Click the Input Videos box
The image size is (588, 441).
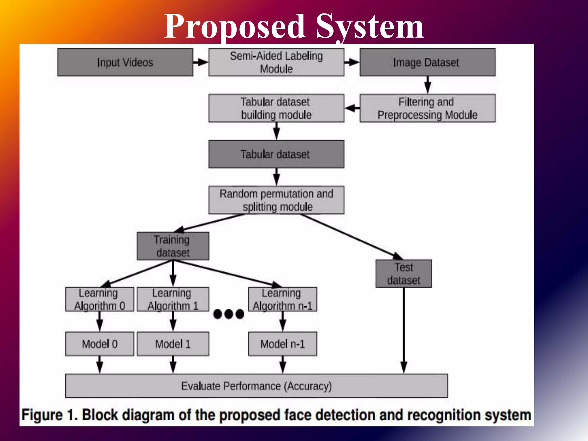[125, 62]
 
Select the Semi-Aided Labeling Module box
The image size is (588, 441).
[276, 62]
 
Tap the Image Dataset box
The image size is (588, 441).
[427, 62]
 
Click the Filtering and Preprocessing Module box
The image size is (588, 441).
[427, 108]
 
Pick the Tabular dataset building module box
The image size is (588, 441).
[276, 108]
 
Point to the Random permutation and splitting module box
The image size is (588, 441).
[276, 200]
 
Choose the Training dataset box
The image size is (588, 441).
[173, 246]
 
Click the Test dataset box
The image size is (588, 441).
[403, 274]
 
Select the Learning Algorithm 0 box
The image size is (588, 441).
[100, 299]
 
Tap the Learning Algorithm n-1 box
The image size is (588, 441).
[283, 299]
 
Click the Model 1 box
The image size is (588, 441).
[173, 344]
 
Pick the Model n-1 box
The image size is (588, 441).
[283, 344]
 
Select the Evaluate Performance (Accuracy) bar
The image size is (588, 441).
[256, 386]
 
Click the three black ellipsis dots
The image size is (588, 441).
[229, 314]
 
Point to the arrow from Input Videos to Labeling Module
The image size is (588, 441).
[200, 62]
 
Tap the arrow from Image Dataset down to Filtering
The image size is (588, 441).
[428, 85]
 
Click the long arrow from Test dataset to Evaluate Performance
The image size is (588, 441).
[404, 330]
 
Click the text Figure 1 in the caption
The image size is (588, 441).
[49, 415]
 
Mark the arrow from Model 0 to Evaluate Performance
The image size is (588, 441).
[100, 365]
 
